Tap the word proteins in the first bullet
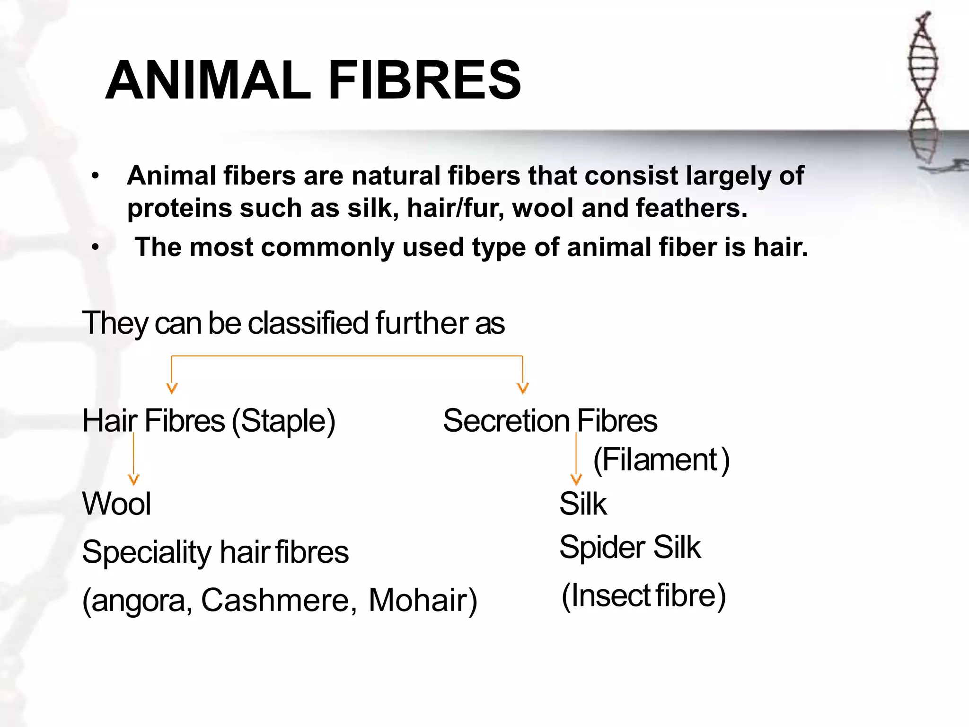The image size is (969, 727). click(179, 208)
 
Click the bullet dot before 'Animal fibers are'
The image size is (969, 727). click(96, 177)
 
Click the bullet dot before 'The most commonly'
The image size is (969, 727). click(96, 248)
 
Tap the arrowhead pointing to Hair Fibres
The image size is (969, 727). click(172, 388)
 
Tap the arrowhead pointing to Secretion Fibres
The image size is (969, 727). click(522, 388)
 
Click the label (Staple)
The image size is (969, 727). click(283, 421)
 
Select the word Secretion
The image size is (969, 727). click(506, 421)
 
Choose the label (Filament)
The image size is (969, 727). click(661, 460)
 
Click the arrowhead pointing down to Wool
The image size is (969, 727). click(134, 479)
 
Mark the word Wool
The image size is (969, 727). click(117, 504)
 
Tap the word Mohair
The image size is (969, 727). click(418, 600)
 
